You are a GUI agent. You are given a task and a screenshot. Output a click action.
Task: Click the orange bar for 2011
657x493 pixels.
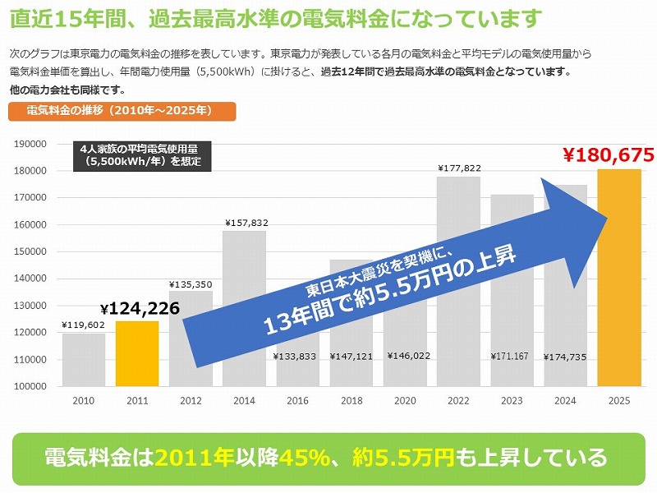point(136,353)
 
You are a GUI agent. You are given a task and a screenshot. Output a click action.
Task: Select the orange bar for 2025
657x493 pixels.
point(618,279)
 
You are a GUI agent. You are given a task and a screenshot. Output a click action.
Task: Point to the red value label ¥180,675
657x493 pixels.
point(608,154)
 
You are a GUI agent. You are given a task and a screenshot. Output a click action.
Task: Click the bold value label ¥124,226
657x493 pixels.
point(140,309)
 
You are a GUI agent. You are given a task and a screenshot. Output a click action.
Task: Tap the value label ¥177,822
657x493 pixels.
point(458,168)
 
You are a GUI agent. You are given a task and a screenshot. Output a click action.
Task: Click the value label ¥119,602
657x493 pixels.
point(83,325)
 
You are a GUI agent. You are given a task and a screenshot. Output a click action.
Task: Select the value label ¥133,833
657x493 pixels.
point(297,357)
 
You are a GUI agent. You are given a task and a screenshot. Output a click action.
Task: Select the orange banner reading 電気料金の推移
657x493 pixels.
point(122,110)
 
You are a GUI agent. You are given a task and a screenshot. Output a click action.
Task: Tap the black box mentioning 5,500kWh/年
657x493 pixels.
point(141,155)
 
